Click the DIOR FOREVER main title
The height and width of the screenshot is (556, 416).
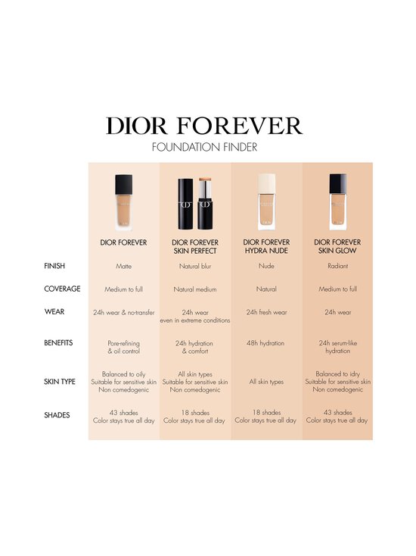click(x=204, y=126)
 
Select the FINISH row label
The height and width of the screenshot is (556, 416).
click(x=54, y=267)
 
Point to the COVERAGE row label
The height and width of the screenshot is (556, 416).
click(x=61, y=289)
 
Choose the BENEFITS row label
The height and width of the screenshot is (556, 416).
click(x=58, y=343)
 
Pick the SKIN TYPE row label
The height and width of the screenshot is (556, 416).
click(x=60, y=382)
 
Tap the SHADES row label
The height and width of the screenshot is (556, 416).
click(x=56, y=415)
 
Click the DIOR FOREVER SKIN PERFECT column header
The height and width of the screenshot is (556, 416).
click(x=194, y=246)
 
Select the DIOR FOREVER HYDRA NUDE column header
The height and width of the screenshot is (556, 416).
click(x=265, y=246)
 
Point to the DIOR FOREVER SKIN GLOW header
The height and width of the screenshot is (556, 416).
click(x=337, y=246)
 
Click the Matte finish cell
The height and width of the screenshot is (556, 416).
click(x=123, y=267)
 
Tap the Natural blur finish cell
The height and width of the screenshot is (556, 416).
click(x=194, y=267)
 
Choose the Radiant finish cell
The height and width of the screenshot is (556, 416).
click(x=337, y=267)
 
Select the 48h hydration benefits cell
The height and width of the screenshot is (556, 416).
click(x=265, y=343)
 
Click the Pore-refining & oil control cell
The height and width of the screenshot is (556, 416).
click(x=123, y=348)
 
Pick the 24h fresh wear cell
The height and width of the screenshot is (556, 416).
click(x=265, y=311)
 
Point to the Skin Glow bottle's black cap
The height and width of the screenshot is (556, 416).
click(x=337, y=185)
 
